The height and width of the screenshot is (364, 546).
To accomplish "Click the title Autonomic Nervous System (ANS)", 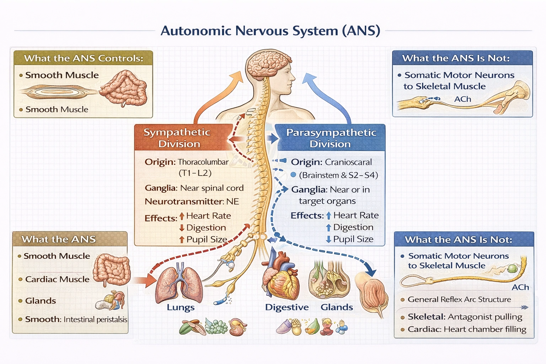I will pyautogui.click(x=270, y=31).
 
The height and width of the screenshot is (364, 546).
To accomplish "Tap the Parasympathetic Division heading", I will pyautogui.click(x=331, y=138).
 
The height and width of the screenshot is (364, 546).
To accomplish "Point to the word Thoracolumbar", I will pyautogui.click(x=203, y=162).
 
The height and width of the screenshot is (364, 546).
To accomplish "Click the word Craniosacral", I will pyautogui.click(x=348, y=162).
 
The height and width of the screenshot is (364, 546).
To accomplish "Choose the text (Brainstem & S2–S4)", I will pyautogui.click(x=338, y=175).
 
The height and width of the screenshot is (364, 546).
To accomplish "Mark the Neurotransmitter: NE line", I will pyautogui.click(x=192, y=202).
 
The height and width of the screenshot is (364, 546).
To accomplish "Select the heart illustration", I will pyautogui.click(x=281, y=277).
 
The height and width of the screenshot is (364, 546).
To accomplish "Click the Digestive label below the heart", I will pyautogui.click(x=287, y=307).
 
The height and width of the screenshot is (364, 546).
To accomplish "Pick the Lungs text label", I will pyautogui.click(x=181, y=307).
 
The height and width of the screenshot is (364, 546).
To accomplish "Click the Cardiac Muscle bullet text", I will pyautogui.click(x=57, y=279).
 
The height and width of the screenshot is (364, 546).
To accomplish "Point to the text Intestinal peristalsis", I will pyautogui.click(x=95, y=320).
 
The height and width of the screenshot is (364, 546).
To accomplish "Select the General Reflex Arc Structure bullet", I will pyautogui.click(x=459, y=299).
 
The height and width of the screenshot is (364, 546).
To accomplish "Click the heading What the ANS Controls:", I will pyautogui.click(x=84, y=58).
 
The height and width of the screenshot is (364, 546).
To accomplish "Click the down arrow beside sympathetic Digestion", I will pyautogui.click(x=182, y=228).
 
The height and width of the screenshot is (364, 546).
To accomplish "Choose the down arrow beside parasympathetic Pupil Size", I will pyautogui.click(x=328, y=240).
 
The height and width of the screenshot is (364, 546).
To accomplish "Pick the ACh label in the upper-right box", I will pyautogui.click(x=462, y=99).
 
